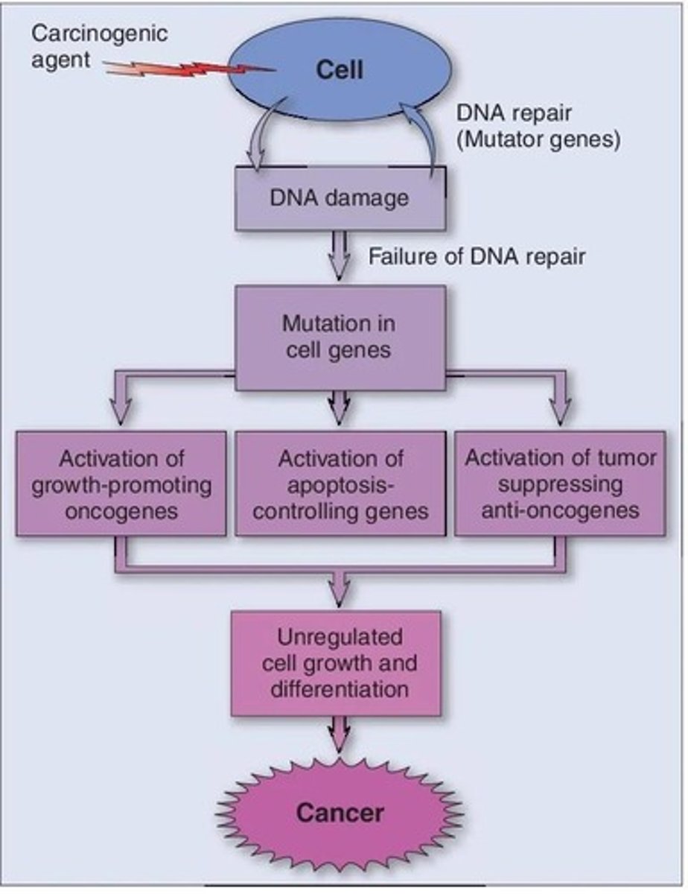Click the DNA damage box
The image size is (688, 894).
(x=340, y=198)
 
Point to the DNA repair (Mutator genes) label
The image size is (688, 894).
(x=538, y=126)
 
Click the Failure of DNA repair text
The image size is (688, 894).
(x=477, y=256)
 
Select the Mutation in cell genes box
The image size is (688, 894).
(x=340, y=337)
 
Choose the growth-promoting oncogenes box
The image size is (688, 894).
(x=121, y=483)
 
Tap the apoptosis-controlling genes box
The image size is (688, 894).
(x=340, y=483)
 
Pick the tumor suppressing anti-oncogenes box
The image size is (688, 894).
(x=560, y=483)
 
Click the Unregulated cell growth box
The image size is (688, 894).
(x=340, y=662)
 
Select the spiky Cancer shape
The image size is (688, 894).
(x=340, y=811)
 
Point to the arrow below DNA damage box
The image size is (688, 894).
(x=340, y=258)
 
